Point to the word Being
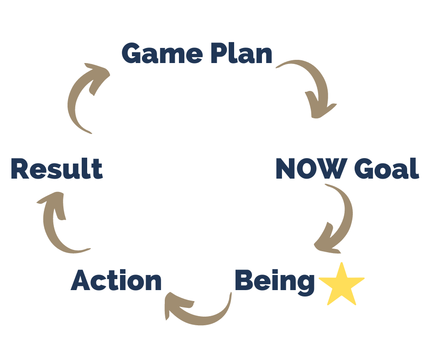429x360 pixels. pyautogui.click(x=275, y=281)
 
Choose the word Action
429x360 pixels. pyautogui.click(x=116, y=281)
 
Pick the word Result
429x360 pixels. pyautogui.click(x=57, y=169)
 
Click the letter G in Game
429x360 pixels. pyautogui.click(x=133, y=54)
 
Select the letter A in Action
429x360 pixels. pyautogui.click(x=82, y=281)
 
